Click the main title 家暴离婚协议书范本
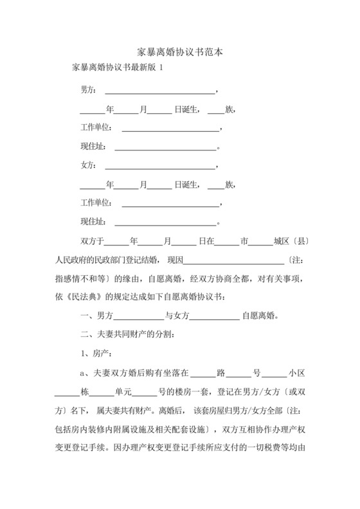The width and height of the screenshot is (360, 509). click(180, 51)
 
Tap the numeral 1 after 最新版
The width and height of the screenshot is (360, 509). click(161, 67)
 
